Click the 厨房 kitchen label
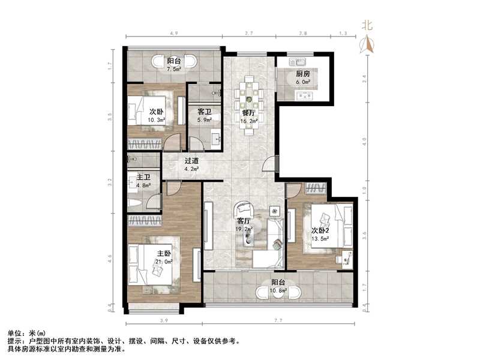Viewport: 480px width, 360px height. coord(303,74)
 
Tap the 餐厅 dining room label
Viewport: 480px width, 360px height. coord(248,113)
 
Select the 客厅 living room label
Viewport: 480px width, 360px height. coord(244,221)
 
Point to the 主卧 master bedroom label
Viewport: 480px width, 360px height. coord(164,253)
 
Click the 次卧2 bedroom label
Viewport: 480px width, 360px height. coord(320,230)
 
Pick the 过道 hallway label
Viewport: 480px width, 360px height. coord(192,160)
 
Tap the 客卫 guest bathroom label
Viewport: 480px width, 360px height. coord(204,112)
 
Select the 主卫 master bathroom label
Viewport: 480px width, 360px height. coord(143,177)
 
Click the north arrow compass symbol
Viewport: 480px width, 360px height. coord(367,43)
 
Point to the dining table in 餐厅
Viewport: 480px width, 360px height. coord(249,106)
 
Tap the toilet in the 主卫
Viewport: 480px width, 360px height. coord(134,203)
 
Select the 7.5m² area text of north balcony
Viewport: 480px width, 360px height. coord(174,69)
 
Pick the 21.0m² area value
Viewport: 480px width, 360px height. coord(164,262)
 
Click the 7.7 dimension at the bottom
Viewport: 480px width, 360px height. coord(278,320)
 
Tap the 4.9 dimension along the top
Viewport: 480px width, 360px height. coord(174,33)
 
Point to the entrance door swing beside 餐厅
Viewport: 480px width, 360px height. coord(269,164)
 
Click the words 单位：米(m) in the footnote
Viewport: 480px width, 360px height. coord(26,334)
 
